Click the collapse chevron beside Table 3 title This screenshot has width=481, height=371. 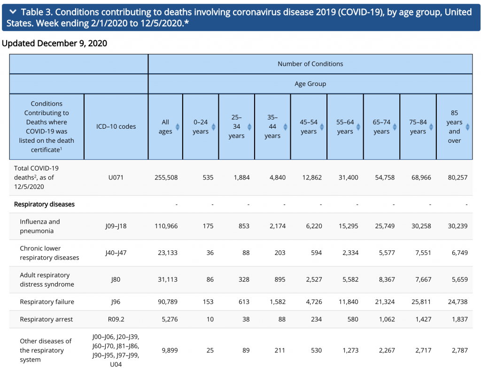(x=13, y=12)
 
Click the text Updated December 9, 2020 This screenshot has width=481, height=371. (x=54, y=43)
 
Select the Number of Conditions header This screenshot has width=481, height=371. (x=310, y=64)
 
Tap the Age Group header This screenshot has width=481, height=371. (x=310, y=84)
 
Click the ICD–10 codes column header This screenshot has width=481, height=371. (x=116, y=126)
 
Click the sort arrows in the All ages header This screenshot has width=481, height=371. (x=178, y=127)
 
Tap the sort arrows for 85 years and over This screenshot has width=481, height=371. (x=467, y=127)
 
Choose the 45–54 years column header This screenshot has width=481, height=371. (x=309, y=127)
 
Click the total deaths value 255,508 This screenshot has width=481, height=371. (x=166, y=178)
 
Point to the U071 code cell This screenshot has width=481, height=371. (x=116, y=178)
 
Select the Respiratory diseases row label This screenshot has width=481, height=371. (x=44, y=204)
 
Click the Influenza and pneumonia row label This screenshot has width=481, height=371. (x=40, y=226)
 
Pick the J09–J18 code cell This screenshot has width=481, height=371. (x=116, y=226)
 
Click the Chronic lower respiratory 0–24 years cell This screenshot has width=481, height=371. (x=210, y=253)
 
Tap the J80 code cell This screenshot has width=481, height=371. (x=116, y=279)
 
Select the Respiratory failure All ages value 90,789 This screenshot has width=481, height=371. (x=168, y=301)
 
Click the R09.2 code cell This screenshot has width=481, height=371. (x=116, y=319)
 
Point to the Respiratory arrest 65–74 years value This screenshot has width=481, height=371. (x=387, y=319)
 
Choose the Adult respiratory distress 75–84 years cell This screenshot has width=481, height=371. (x=423, y=279)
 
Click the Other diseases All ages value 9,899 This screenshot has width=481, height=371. (x=170, y=350)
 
